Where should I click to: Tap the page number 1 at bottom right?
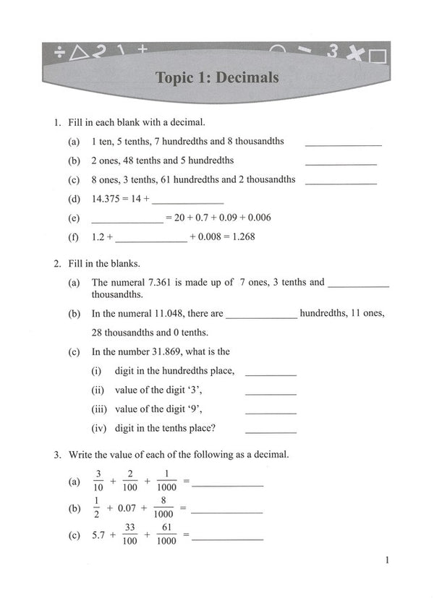point(388,560)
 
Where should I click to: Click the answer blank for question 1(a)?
point(343,145)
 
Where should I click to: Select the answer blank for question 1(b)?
point(341,164)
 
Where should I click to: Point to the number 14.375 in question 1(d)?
point(106,198)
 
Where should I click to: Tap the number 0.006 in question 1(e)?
point(258,217)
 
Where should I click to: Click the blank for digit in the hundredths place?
point(271,375)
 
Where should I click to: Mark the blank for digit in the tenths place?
point(271,431)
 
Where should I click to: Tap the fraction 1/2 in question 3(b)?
point(95,508)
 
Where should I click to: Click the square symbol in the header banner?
point(378,56)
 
